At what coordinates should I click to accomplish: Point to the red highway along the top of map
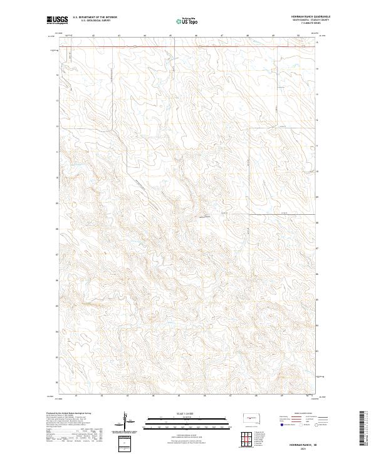[x=188, y=46]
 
